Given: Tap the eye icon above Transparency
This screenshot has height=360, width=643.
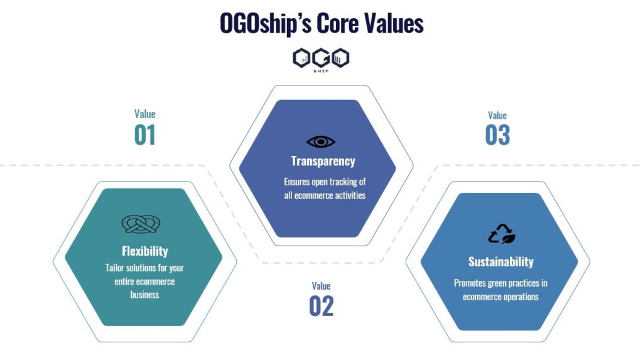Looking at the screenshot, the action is coord(321,141).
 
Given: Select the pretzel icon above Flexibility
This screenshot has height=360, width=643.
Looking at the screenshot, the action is coord(141,224).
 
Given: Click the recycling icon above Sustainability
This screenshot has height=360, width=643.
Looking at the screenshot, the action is coord(502,234).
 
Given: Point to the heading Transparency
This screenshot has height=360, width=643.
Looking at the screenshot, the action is coord(323,161).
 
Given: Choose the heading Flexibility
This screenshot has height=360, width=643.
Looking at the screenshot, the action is coord(145,251).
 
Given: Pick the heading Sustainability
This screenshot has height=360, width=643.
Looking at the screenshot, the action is coord(501,261).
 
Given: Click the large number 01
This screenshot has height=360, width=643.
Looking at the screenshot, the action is coord(145,135).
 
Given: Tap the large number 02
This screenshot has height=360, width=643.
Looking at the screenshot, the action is coord(321,306).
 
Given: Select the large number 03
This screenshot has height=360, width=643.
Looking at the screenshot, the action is coord(497,135).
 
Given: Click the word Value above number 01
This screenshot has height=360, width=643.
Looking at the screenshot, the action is coord(145,114).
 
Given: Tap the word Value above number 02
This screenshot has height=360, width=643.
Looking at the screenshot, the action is coord(321,286).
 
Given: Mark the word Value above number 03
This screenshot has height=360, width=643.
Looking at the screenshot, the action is coord(497,116).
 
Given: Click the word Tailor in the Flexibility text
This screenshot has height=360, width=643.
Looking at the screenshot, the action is coord(114,268).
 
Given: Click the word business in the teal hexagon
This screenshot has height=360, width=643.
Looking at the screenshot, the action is coord(145,295).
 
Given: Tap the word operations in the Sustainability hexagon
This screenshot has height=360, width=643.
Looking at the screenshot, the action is coord(521,297).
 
